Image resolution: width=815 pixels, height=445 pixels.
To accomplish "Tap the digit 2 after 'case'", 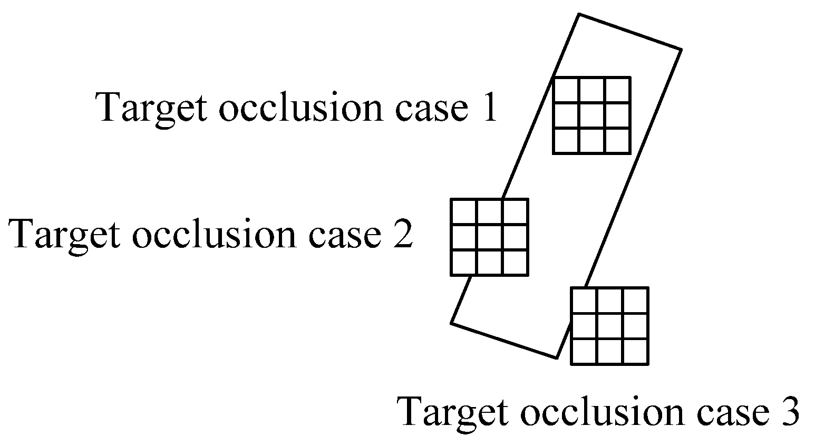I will [402, 233].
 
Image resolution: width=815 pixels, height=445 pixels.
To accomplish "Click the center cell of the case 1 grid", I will [591, 115].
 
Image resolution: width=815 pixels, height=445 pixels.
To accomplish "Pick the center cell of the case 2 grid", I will [489, 237].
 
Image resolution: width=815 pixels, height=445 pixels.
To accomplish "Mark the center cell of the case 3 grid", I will [610, 326].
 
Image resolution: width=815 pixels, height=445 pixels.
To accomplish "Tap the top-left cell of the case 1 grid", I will [566, 90].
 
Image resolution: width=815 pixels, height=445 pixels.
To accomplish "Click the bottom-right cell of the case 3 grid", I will [635, 351].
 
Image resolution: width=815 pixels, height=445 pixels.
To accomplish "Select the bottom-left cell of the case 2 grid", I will [464, 263].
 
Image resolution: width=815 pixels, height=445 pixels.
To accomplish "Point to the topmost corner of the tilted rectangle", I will [580, 14].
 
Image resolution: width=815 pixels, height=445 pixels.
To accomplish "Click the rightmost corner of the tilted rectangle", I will [682, 50].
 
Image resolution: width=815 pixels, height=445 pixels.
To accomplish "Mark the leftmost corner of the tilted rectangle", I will [451, 323].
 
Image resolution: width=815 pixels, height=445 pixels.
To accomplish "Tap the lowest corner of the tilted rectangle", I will [557, 358].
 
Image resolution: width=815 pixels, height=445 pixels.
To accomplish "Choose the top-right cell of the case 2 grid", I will [515, 212].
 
